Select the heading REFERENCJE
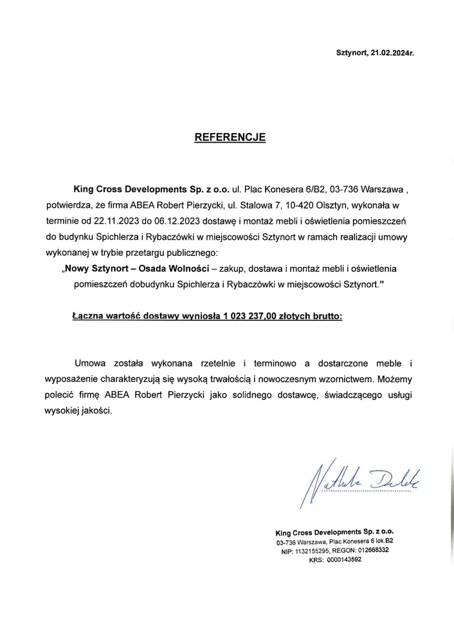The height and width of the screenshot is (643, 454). coord(230,138)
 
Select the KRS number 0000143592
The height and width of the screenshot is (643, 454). coord(344,559)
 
